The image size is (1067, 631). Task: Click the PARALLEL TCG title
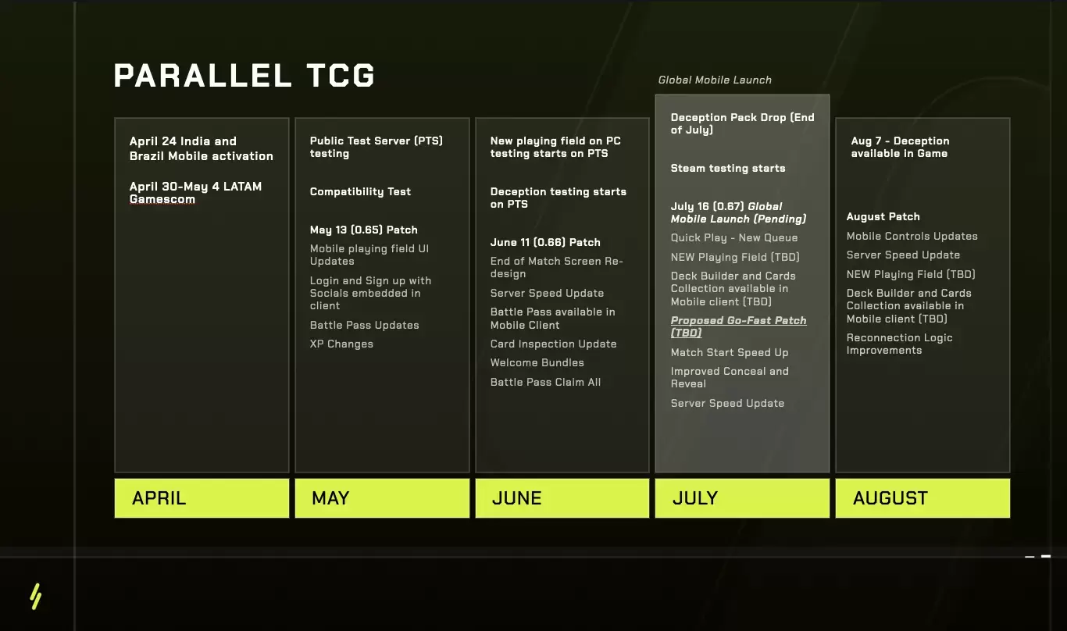(x=244, y=75)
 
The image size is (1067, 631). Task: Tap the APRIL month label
(x=159, y=498)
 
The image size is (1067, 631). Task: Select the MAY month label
(x=330, y=498)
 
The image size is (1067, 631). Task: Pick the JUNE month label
(x=517, y=498)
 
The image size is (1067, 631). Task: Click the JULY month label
(x=695, y=498)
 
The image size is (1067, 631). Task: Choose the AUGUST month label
(x=890, y=498)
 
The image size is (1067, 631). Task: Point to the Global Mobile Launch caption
(x=715, y=80)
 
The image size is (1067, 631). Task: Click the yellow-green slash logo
(x=36, y=596)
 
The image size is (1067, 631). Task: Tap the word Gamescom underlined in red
(x=162, y=199)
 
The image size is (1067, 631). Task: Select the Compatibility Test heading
(x=360, y=191)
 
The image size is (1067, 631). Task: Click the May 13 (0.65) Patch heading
(x=363, y=230)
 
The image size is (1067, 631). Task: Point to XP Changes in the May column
(x=341, y=344)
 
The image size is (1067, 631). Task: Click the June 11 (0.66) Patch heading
(x=545, y=242)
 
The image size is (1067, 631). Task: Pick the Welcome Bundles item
(x=537, y=362)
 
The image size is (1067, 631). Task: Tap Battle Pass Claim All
(x=545, y=382)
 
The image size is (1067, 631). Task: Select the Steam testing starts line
(x=728, y=168)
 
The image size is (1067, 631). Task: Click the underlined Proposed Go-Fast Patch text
(x=738, y=326)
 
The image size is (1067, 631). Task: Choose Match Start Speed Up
(x=730, y=352)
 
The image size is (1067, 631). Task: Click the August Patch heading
(x=883, y=216)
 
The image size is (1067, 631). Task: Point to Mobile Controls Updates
(x=912, y=236)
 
